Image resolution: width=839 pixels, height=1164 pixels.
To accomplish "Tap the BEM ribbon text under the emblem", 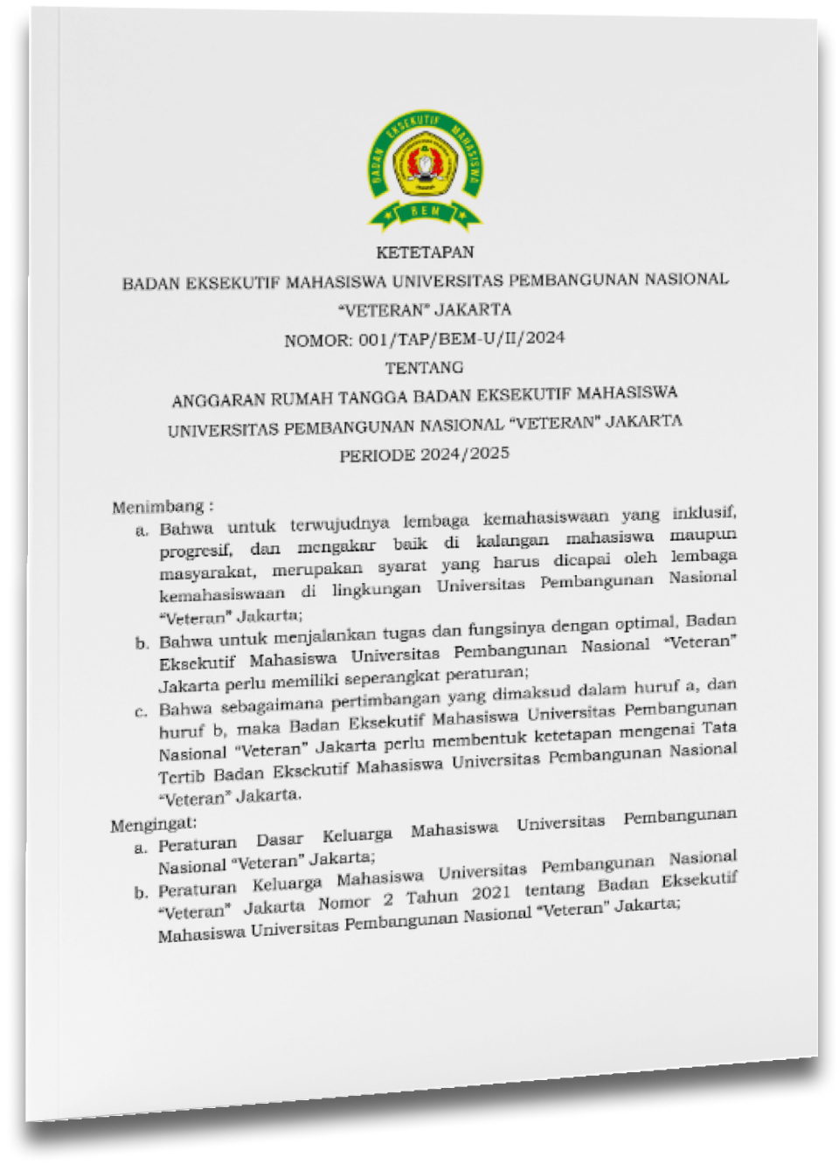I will [425, 211].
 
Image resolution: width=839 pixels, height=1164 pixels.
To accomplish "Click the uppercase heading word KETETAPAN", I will [425, 253].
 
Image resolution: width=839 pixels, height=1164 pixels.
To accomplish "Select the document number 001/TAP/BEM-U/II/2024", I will [461, 338].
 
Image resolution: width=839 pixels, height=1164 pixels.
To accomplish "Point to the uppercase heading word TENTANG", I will [425, 367].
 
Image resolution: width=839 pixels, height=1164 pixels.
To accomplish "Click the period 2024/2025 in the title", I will [464, 454].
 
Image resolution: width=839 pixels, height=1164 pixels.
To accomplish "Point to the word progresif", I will [196, 551].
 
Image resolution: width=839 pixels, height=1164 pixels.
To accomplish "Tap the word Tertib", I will [182, 777].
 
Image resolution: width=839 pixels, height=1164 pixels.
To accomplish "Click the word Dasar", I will [280, 840].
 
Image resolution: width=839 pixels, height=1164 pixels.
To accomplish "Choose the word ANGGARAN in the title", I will [218, 400].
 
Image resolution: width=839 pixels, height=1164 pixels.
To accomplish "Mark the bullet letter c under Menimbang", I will [141, 711].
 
